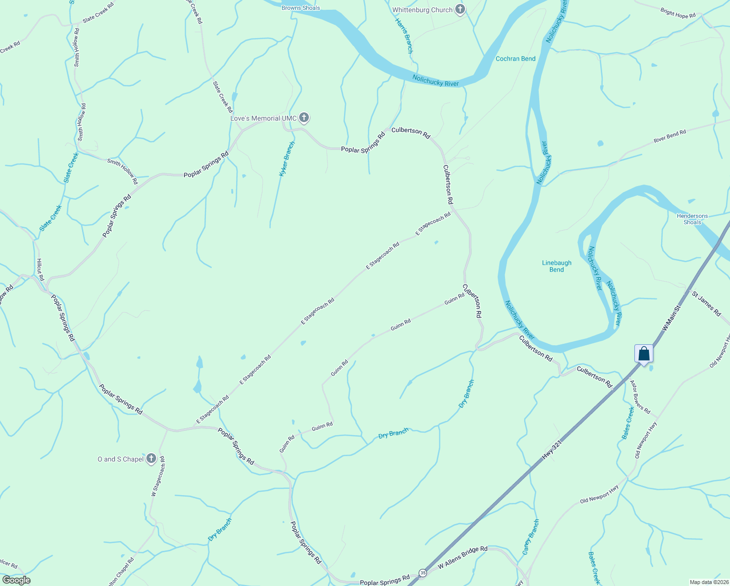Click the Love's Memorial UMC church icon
click(x=304, y=118)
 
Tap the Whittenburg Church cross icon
click(x=460, y=9)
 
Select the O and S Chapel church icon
click(x=151, y=459)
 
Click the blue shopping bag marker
click(x=644, y=354)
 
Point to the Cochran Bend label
click(x=515, y=59)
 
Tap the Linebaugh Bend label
click(x=557, y=266)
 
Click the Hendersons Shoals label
click(x=692, y=219)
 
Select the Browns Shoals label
click(x=301, y=8)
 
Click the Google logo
click(x=16, y=580)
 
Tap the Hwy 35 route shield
click(x=423, y=572)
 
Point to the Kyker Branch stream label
click(x=287, y=159)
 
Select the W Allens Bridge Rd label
click(x=462, y=558)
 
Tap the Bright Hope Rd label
click(x=678, y=13)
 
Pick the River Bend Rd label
click(x=669, y=136)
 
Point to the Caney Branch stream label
click(x=530, y=537)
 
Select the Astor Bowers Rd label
click(x=640, y=397)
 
